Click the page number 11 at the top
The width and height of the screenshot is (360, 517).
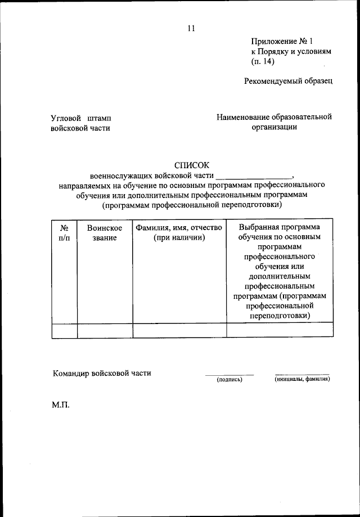(x=191, y=29)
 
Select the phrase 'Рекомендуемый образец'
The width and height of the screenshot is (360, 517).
(x=288, y=81)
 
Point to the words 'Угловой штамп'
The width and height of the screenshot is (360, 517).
(x=80, y=118)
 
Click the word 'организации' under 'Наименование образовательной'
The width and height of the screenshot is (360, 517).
(x=274, y=127)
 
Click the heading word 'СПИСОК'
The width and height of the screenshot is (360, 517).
(x=191, y=165)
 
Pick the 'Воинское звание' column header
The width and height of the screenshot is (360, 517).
(x=105, y=233)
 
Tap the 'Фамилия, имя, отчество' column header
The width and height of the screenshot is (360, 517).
(x=179, y=233)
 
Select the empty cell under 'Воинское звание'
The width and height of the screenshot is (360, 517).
(x=105, y=330)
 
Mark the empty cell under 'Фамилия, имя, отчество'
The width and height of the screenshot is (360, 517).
(x=179, y=330)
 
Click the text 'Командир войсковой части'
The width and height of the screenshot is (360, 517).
(x=102, y=373)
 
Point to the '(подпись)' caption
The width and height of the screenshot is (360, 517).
(x=229, y=380)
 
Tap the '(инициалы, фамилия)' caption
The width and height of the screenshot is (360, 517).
(x=302, y=380)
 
